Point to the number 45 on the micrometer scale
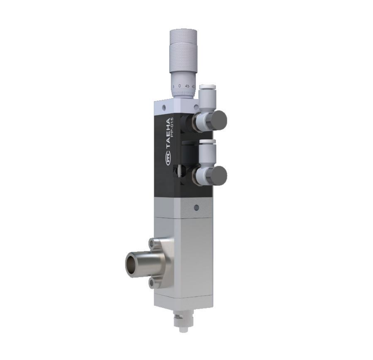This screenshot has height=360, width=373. click(x=187, y=86)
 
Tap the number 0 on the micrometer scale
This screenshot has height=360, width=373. click(x=180, y=86)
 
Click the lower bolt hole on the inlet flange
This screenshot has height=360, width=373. click(x=152, y=283)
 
